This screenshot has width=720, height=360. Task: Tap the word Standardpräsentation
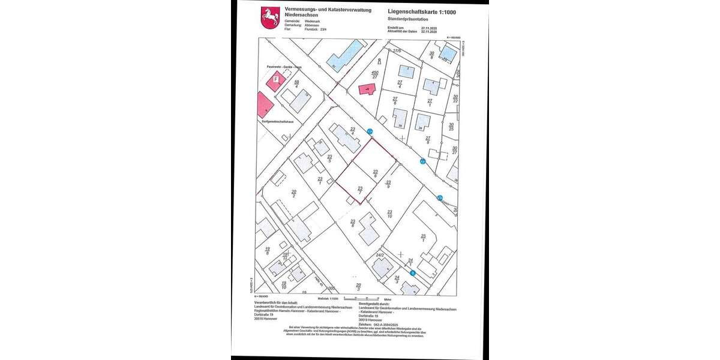(408, 18)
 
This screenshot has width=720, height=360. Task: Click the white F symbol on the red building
(275, 79)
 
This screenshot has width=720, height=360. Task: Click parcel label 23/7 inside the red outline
(359, 190)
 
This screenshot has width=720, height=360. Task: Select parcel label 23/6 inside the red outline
(375, 173)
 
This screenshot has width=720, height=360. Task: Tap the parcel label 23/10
(389, 214)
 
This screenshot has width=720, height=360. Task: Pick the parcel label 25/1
(423, 238)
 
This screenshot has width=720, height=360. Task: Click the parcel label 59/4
(296, 85)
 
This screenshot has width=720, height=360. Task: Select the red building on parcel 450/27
(366, 89)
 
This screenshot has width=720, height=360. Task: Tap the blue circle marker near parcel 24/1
(413, 273)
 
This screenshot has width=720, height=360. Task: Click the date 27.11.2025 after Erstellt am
(430, 28)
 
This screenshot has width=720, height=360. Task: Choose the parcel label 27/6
(395, 101)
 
